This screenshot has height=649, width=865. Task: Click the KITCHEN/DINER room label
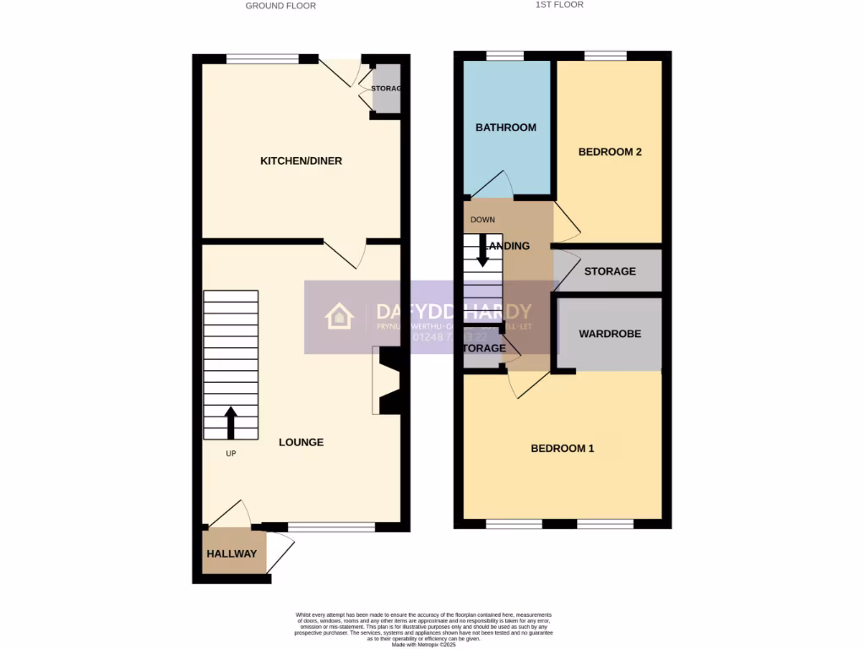pos(301,161)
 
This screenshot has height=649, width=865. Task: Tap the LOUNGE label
pos(301,442)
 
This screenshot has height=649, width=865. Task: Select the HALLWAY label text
pos(231,554)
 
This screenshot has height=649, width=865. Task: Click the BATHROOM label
pos(505,128)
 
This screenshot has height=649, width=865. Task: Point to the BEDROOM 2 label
pos(610,152)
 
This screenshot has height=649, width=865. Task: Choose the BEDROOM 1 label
pos(562,448)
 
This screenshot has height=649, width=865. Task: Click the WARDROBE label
pos(609,334)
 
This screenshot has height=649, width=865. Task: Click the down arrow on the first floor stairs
pos(483,251)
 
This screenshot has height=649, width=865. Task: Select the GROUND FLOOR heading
pos(280,6)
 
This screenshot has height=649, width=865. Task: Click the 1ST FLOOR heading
pos(559,5)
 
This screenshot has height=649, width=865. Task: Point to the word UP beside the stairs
pos(231,454)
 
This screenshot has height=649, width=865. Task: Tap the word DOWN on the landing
pos(482,220)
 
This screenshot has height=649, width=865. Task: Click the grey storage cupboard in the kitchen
pos(387,89)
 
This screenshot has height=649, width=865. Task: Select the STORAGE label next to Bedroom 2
pos(610,271)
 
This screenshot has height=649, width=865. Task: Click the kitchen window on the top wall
pos(263,58)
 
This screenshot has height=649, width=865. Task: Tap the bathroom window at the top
pos(505,56)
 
